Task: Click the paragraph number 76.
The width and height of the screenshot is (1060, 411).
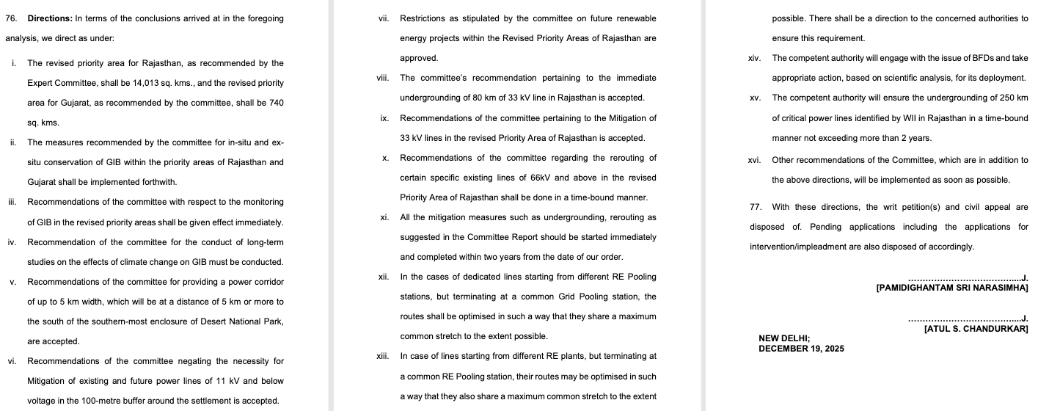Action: point(10,18)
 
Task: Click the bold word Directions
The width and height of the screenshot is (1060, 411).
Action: point(49,18)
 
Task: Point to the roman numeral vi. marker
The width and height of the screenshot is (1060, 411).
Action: point(12,361)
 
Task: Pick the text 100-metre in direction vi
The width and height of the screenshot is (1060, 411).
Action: point(109,401)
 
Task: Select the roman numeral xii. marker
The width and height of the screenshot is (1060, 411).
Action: point(382,277)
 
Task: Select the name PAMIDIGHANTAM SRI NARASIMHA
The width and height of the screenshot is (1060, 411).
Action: point(951,288)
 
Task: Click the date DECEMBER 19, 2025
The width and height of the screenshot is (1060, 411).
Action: point(801,349)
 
